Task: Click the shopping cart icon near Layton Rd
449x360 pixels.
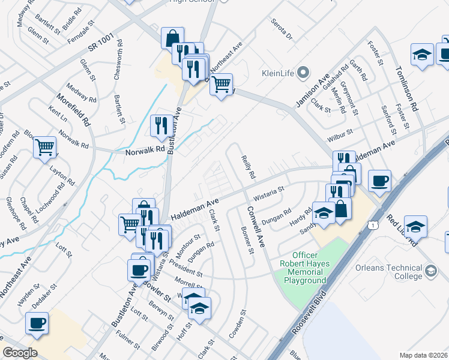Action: [x=45, y=147]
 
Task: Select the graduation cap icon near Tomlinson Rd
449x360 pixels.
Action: [x=423, y=55]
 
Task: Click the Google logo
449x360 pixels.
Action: [x=20, y=353]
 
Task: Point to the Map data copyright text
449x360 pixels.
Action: [x=423, y=355]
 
